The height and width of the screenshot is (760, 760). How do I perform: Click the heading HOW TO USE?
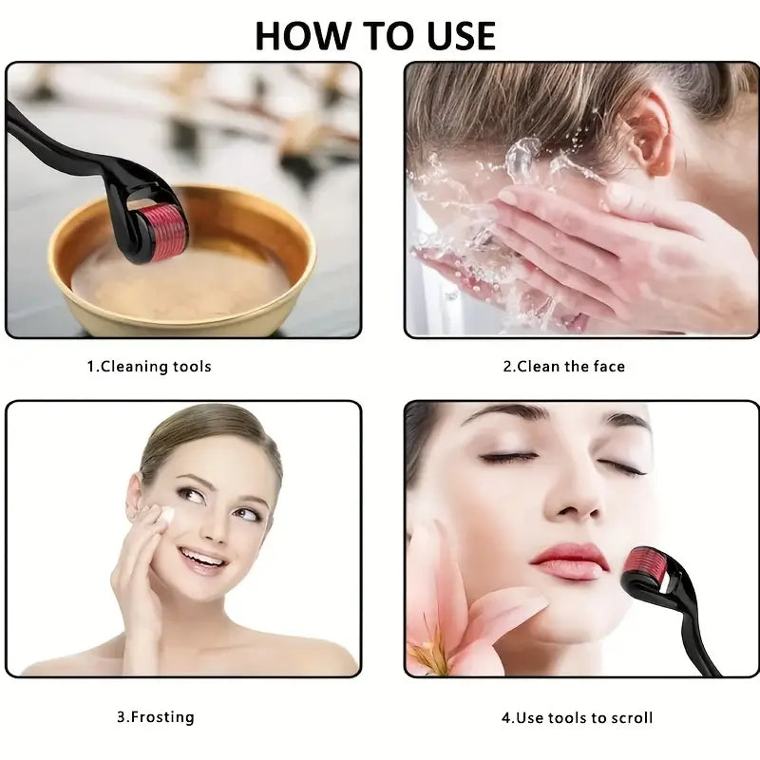(x=375, y=36)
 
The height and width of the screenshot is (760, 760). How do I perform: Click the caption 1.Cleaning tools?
(x=149, y=367)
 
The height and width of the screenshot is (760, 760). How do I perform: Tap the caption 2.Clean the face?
(x=564, y=367)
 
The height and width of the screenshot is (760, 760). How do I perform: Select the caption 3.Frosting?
(x=156, y=717)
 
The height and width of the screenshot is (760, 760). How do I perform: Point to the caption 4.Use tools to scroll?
(x=578, y=717)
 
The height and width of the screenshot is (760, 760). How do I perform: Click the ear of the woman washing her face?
(x=651, y=132)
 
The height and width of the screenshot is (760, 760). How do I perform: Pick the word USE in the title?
(x=461, y=36)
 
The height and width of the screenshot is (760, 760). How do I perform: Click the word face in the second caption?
(x=609, y=367)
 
